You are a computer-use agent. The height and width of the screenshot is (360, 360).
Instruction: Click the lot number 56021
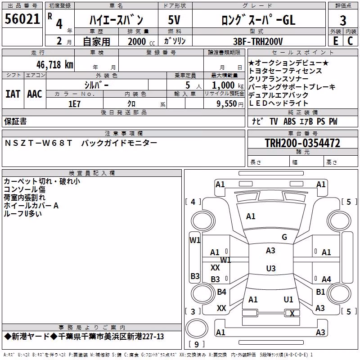click(22, 19)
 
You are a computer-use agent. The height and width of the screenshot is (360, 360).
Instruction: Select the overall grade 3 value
click(343, 21)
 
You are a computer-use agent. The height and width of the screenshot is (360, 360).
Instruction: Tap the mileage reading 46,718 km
click(55, 64)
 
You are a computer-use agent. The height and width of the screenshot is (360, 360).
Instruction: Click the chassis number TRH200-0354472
click(302, 143)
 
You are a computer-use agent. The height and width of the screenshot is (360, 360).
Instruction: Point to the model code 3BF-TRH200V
click(258, 41)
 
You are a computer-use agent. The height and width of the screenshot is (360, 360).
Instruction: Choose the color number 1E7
click(74, 104)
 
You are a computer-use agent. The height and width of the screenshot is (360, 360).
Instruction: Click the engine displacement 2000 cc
click(141, 41)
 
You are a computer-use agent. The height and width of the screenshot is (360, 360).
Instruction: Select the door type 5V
click(174, 20)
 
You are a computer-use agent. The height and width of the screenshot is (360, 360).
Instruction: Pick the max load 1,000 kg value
click(227, 85)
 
